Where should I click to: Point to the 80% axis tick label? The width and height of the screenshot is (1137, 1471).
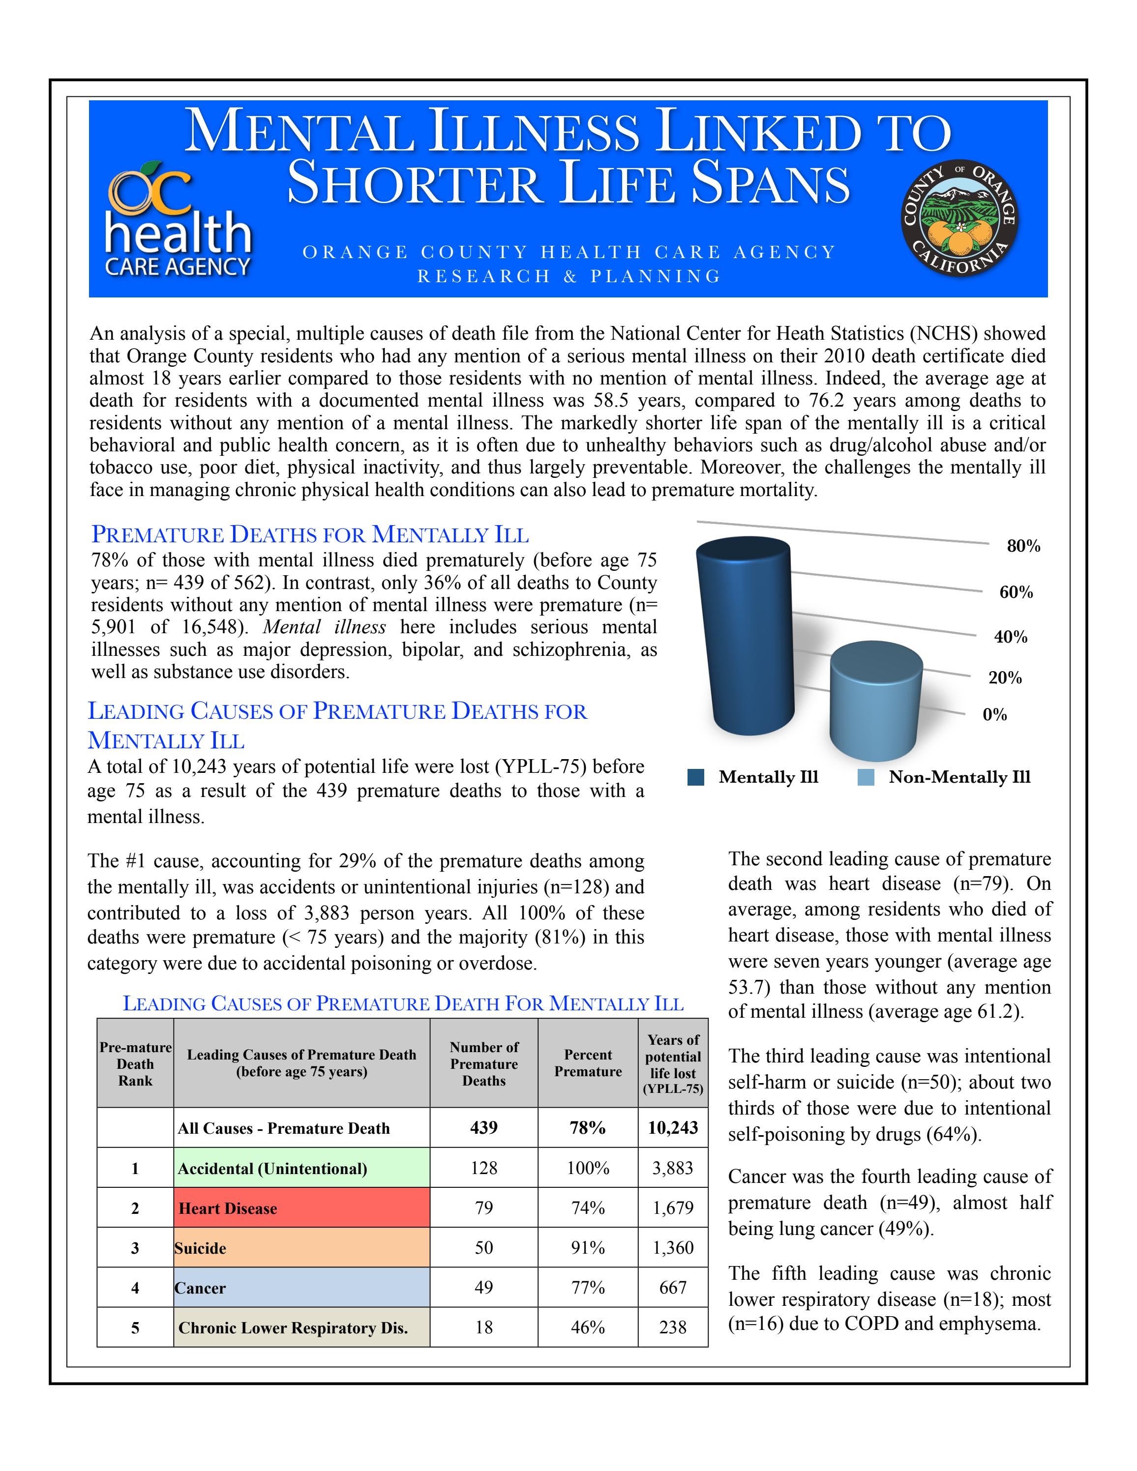click(x=1023, y=546)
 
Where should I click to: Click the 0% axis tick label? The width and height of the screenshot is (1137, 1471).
click(x=994, y=715)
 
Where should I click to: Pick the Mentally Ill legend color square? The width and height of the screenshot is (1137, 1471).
click(x=696, y=777)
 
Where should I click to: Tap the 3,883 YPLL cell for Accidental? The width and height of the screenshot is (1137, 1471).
click(x=672, y=1169)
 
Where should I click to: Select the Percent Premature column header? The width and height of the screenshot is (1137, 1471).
click(x=587, y=1063)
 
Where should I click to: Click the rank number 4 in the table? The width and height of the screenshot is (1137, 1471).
click(x=135, y=1288)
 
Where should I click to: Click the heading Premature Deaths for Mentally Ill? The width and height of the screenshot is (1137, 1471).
click(x=310, y=534)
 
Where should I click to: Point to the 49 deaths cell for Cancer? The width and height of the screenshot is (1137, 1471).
click(x=483, y=1288)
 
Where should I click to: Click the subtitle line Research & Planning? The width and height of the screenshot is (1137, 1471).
click(x=569, y=276)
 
